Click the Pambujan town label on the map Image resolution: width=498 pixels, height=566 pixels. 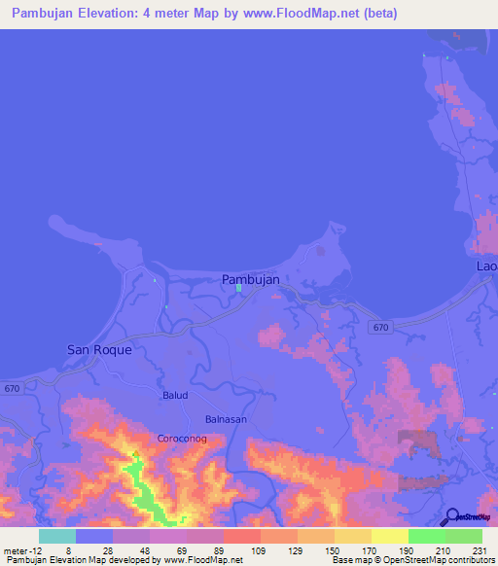(x=251, y=279)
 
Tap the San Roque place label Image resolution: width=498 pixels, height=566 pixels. (x=98, y=348)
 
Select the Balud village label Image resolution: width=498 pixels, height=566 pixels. (x=175, y=396)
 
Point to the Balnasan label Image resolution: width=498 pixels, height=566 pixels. (x=225, y=419)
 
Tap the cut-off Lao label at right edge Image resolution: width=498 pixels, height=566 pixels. (x=486, y=265)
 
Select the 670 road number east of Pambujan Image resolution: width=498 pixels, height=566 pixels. (x=381, y=329)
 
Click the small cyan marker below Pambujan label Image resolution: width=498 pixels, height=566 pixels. (x=238, y=289)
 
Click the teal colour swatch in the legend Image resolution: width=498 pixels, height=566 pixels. (x=57, y=536)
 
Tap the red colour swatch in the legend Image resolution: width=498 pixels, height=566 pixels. (x=241, y=536)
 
